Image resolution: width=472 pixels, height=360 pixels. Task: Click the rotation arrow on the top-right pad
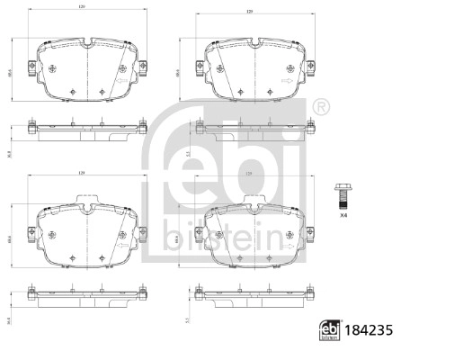pos(286,79)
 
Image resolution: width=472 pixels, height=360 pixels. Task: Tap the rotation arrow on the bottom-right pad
pos(286,241)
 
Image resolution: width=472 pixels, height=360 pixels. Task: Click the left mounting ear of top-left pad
pos(33,67)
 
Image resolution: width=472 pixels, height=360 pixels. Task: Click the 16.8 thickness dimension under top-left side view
pos(7,154)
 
